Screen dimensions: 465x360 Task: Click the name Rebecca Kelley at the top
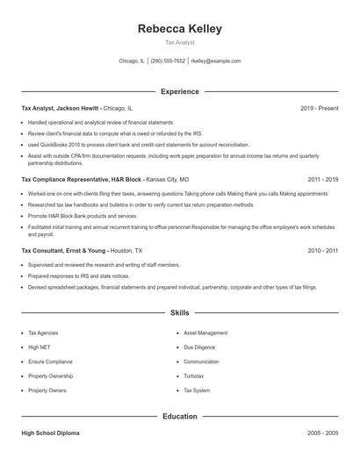(x=179, y=28)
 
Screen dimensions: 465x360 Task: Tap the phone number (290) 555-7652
(x=168, y=61)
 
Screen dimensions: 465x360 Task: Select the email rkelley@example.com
(x=215, y=61)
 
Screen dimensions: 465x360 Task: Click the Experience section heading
(x=179, y=91)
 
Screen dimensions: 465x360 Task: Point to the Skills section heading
(x=179, y=312)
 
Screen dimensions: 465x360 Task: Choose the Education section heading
(x=179, y=417)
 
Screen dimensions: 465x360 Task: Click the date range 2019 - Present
(x=320, y=108)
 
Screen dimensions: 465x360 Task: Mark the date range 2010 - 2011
(x=322, y=250)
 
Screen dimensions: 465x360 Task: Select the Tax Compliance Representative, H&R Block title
(x=82, y=178)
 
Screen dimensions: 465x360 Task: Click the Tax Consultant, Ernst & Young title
(x=65, y=250)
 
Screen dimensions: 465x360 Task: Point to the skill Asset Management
(x=205, y=333)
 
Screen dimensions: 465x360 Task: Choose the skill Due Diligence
(x=199, y=347)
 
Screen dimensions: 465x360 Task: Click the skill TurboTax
(x=195, y=376)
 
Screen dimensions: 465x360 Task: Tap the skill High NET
(x=40, y=347)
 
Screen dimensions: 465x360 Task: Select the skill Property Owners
(x=47, y=390)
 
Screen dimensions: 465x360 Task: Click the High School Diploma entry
(x=50, y=433)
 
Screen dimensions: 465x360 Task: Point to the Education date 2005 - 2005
(x=322, y=433)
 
